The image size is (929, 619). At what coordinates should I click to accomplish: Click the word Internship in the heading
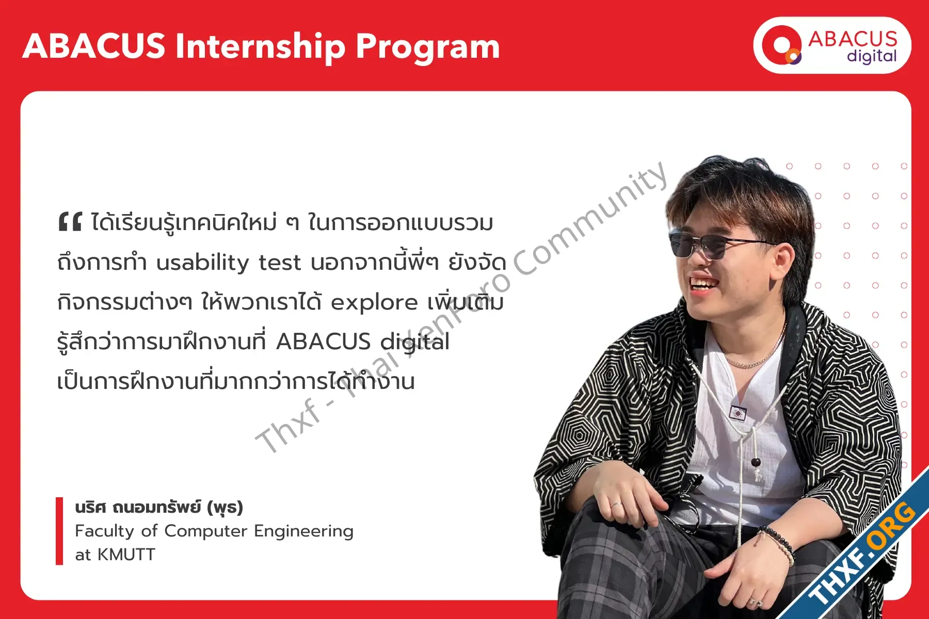tap(260, 46)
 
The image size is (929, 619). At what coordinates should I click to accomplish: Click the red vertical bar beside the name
tap(59, 531)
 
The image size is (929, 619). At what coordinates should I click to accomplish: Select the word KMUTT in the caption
tap(126, 555)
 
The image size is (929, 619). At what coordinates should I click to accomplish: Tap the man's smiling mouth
tap(703, 284)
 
